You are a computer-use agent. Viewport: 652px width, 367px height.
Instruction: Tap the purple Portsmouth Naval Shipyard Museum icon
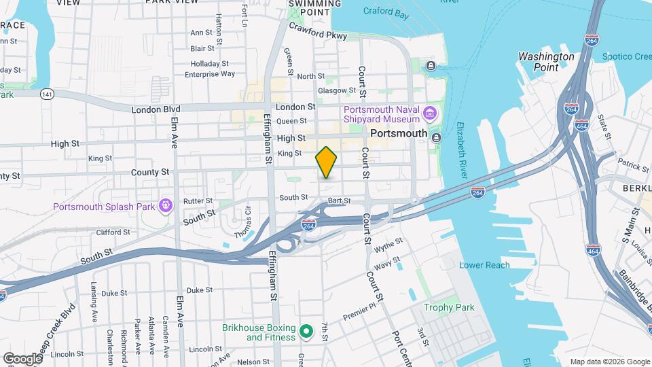click(x=430, y=112)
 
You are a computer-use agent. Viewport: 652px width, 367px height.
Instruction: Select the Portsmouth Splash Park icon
click(x=164, y=205)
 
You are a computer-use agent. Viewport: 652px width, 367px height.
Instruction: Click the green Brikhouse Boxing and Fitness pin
click(x=306, y=332)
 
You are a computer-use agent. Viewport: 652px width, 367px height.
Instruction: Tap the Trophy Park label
click(x=448, y=307)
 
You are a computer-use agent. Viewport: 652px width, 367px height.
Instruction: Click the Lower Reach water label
click(x=484, y=265)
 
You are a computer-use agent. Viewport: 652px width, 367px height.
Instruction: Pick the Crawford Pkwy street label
click(x=318, y=31)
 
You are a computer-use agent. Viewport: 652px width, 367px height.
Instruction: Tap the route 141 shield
click(x=46, y=93)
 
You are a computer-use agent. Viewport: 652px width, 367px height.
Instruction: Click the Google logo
click(x=22, y=358)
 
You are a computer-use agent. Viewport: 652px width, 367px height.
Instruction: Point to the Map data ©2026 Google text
click(x=609, y=361)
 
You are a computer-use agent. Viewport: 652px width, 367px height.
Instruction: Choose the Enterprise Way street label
click(x=209, y=74)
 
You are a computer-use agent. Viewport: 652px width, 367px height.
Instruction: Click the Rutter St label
click(x=198, y=200)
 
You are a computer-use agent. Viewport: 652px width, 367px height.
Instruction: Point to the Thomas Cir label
click(x=242, y=220)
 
